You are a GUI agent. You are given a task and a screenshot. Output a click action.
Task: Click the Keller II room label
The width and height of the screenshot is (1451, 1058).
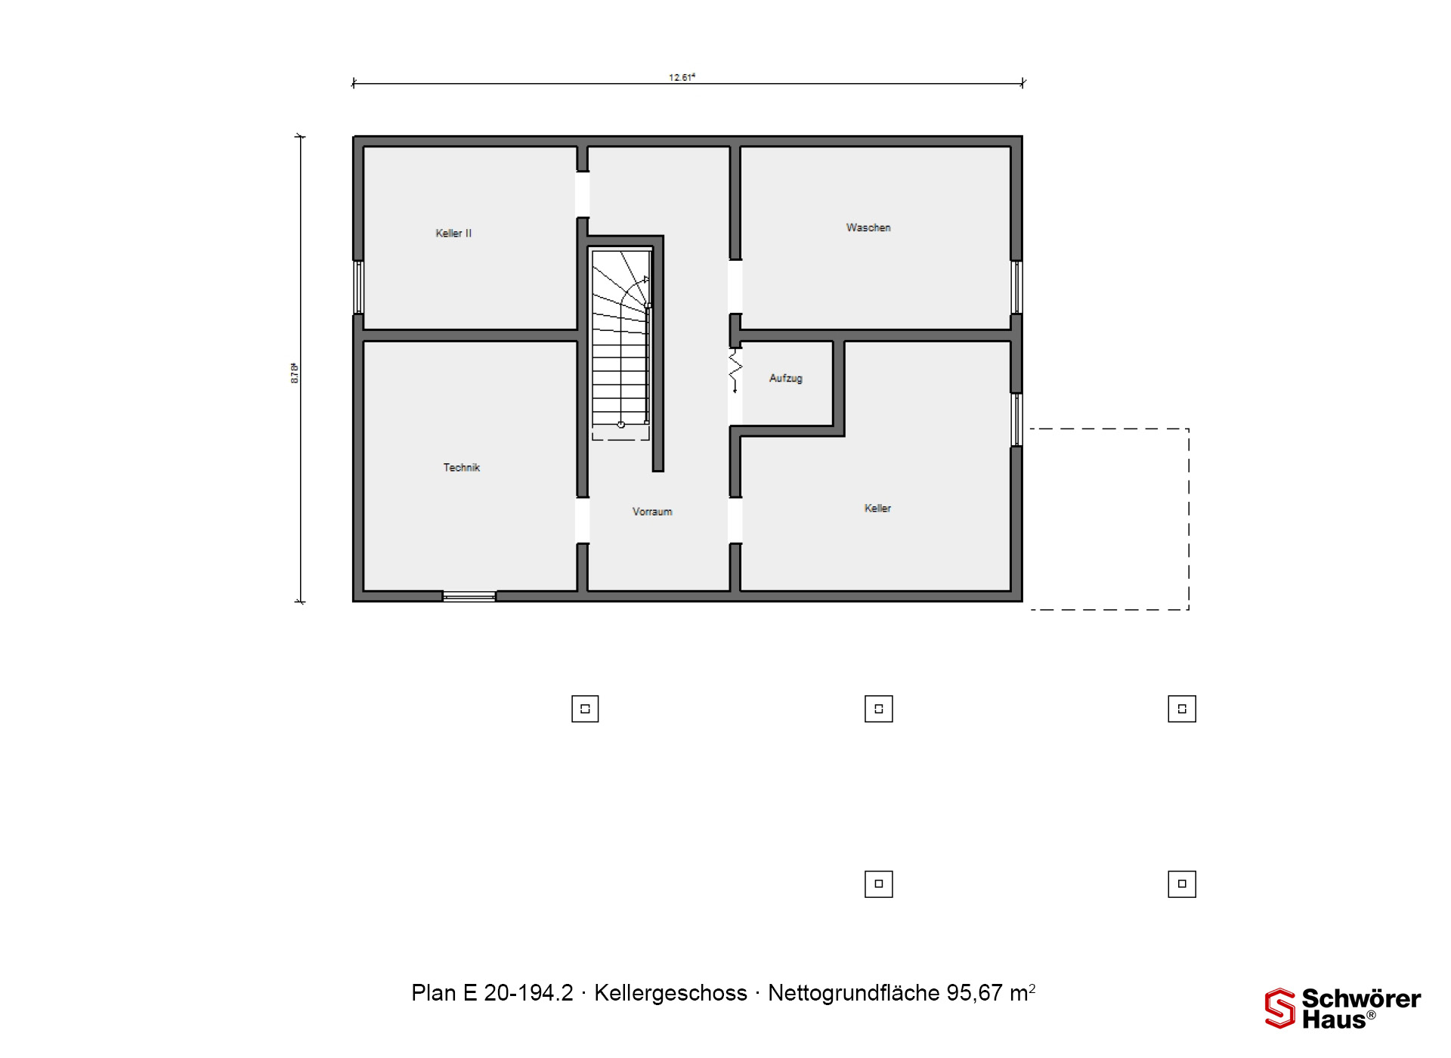[453, 234]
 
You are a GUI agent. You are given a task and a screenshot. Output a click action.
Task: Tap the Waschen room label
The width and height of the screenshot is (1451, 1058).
[868, 227]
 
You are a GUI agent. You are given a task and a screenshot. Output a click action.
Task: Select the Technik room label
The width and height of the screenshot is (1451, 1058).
[461, 468]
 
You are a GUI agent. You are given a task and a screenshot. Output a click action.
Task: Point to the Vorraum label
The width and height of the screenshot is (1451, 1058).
[652, 512]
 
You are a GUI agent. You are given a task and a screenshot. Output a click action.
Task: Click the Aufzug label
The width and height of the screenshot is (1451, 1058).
[786, 378]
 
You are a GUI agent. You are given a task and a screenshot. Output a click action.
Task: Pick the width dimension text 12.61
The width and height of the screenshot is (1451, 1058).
[682, 77]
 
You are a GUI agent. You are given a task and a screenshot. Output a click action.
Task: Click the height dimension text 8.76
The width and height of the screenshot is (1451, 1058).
[295, 373]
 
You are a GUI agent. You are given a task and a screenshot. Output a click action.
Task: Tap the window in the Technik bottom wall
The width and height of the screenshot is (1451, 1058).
[469, 597]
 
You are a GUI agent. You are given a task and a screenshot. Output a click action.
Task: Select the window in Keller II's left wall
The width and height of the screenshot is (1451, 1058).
[359, 287]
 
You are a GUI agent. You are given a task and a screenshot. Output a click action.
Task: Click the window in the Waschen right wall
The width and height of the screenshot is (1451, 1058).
[1016, 287]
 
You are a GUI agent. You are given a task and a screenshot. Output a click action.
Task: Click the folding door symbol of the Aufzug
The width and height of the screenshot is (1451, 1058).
[735, 370]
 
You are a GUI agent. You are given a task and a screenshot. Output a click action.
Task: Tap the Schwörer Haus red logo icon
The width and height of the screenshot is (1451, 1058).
[1280, 1008]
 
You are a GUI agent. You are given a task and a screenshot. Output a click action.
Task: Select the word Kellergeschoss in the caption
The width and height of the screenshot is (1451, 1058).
[670, 993]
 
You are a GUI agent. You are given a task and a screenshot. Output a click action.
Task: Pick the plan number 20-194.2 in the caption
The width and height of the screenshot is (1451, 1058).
[528, 993]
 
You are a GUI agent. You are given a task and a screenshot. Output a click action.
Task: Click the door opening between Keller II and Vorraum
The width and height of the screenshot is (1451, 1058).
[583, 194]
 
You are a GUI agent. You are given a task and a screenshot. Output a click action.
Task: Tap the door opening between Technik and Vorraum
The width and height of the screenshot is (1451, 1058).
[583, 520]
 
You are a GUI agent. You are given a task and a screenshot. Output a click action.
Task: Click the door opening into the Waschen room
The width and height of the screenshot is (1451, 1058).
[735, 286]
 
